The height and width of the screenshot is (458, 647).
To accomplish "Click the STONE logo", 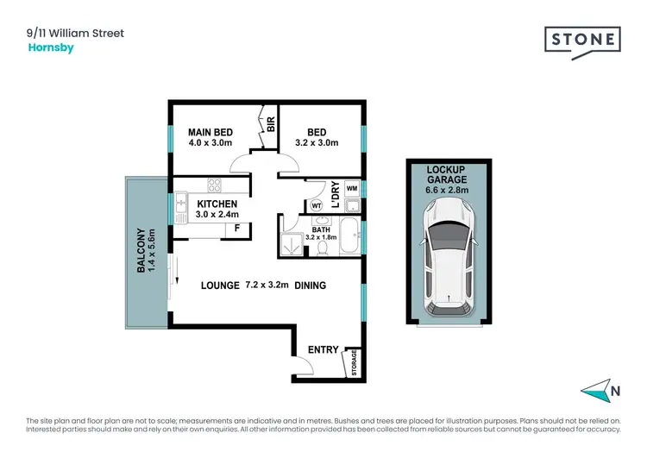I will click(x=581, y=41).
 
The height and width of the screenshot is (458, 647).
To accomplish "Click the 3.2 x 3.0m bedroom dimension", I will click(x=317, y=143).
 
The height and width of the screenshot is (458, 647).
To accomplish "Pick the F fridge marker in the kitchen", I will click(x=236, y=229).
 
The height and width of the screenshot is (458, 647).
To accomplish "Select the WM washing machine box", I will click(x=351, y=188).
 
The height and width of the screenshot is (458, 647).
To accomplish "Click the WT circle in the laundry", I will click(x=317, y=205).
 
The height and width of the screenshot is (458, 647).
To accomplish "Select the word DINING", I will click(x=311, y=285).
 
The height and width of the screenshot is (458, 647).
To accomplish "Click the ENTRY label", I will click(x=323, y=349).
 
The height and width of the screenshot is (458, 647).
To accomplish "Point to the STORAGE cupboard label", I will click(x=354, y=363).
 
